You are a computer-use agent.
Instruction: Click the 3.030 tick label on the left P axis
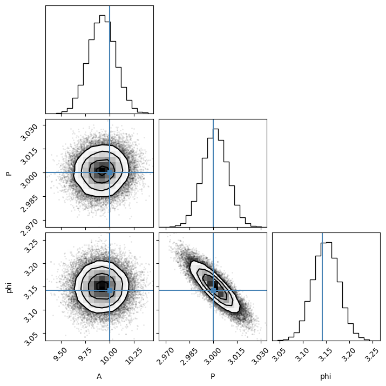[29, 132]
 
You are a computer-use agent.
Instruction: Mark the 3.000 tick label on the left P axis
[29, 180]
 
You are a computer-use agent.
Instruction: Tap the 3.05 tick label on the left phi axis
[31, 339]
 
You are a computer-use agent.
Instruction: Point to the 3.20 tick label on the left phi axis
[31, 269]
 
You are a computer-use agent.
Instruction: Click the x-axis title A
[99, 376]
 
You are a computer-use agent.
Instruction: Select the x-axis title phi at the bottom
[326, 377]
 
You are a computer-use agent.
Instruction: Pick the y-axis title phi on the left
[9, 288]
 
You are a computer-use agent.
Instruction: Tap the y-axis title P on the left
[9, 174]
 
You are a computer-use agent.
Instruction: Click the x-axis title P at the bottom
[213, 376]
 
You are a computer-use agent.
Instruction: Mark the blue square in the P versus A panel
[110, 172]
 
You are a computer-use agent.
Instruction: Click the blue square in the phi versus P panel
[213, 290]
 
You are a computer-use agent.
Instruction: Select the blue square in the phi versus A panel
[110, 290]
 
